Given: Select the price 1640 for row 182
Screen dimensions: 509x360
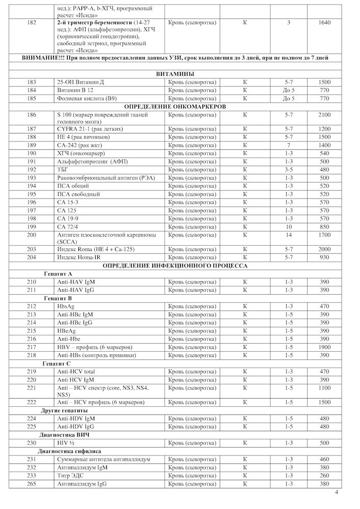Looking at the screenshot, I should pos(324,23).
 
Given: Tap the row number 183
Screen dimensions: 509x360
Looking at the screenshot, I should pos(32,82).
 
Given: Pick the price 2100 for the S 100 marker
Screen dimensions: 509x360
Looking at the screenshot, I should pos(324,115).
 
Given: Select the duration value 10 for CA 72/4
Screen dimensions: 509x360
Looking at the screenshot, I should pos(288,227).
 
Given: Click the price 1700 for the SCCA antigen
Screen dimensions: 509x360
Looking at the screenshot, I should pos(324,235).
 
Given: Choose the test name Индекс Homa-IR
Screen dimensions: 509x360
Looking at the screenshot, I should pos(79,258).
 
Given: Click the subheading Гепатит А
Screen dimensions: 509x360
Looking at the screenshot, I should pos(58,274).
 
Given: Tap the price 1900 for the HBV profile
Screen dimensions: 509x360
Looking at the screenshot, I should pos(324,347).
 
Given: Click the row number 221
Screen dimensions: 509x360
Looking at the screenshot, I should pos(32,388).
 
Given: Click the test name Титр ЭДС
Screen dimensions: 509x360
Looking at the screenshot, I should pos(71,475).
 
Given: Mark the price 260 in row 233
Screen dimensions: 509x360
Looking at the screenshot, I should pos(324,475).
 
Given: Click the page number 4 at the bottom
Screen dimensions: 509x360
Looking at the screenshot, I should pos(337,492).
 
